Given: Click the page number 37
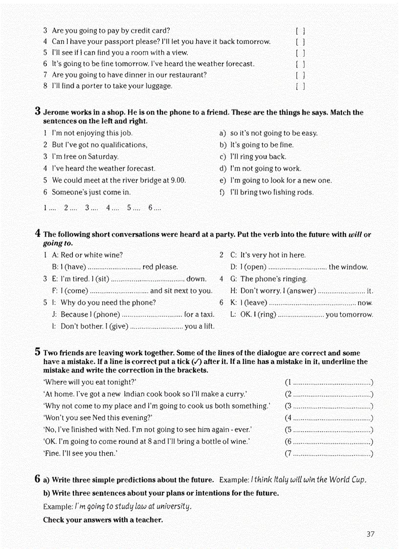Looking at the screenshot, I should point(370,534).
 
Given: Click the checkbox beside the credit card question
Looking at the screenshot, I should point(300,30).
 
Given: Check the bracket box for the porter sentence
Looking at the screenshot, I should point(300,87).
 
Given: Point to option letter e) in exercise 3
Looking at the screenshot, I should point(223,180).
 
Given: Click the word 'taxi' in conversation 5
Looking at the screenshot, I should point(207,314).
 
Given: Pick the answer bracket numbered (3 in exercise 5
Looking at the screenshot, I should point(329,406).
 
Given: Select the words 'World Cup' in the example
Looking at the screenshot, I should point(347,480).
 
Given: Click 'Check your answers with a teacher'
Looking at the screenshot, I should point(103,520).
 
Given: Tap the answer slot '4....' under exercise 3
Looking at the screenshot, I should point(112,208).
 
